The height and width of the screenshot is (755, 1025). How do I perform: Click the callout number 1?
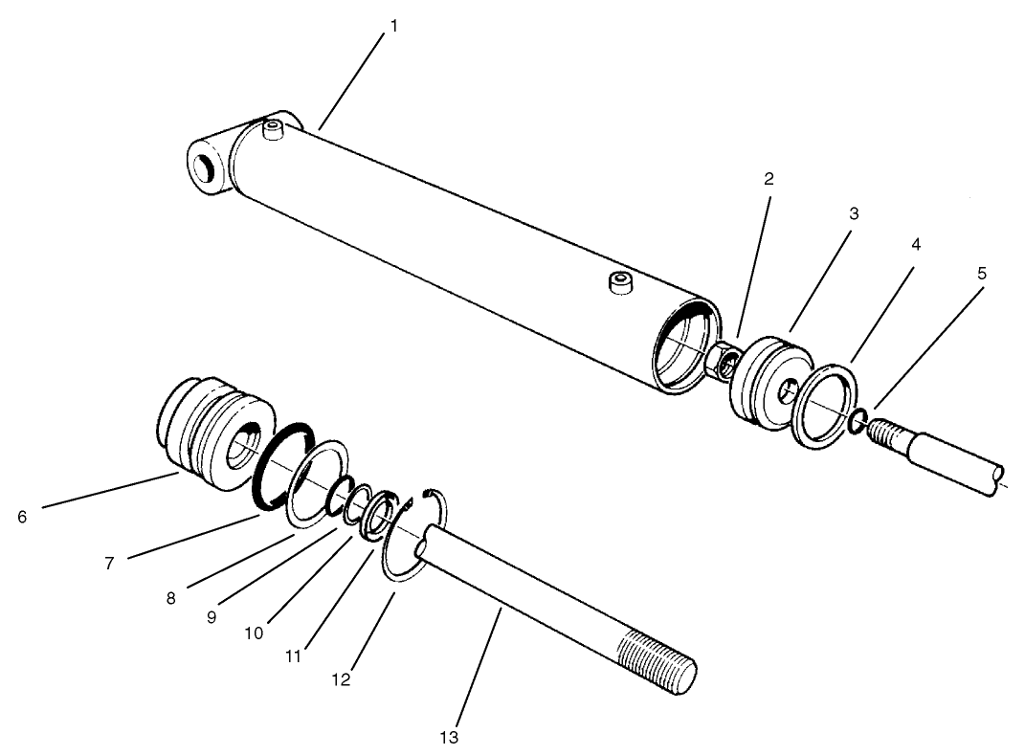coord(392,27)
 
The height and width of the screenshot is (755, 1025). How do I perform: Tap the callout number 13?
coord(450,737)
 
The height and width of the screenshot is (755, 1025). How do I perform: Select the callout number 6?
coord(22,517)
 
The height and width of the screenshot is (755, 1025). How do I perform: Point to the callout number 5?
coord(981,273)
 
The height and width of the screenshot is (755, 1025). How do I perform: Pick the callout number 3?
coord(853,213)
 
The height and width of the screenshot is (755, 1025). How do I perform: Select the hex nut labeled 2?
coord(724,361)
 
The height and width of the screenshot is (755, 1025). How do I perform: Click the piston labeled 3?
coord(766,381)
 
